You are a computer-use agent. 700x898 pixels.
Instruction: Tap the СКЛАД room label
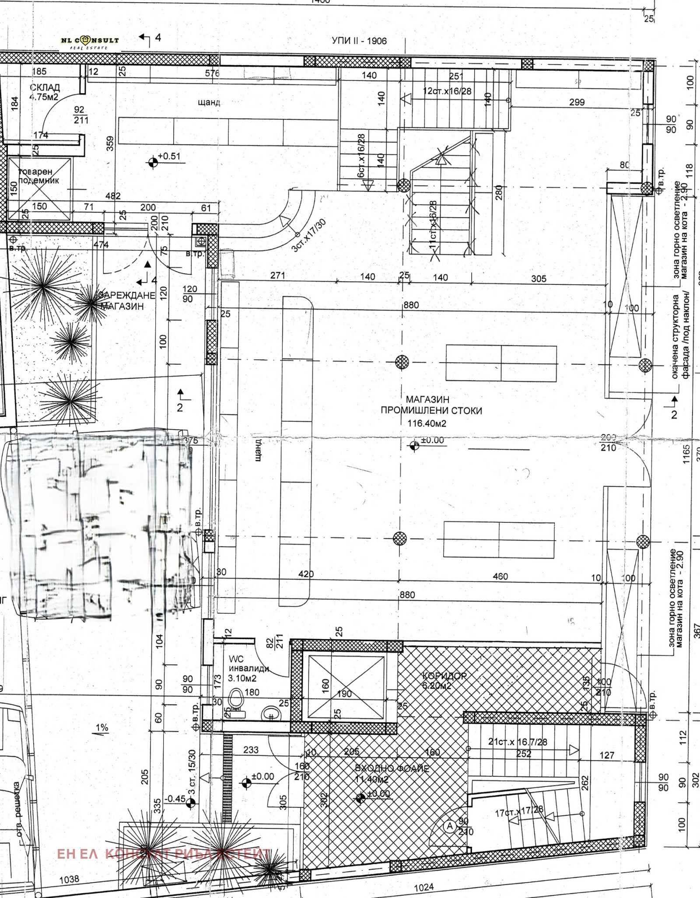tap(45, 87)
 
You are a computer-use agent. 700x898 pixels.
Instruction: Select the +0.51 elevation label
tap(168, 157)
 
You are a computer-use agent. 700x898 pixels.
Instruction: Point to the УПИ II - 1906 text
tap(359, 41)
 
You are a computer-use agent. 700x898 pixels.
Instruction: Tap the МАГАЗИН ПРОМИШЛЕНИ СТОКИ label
tap(431, 405)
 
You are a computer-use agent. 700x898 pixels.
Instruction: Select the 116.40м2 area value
tap(427, 423)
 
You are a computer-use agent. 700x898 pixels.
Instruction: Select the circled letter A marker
tap(449, 826)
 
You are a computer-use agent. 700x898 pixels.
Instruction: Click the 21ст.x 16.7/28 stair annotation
tap(518, 742)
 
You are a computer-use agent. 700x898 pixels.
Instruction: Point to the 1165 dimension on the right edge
tap(686, 454)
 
